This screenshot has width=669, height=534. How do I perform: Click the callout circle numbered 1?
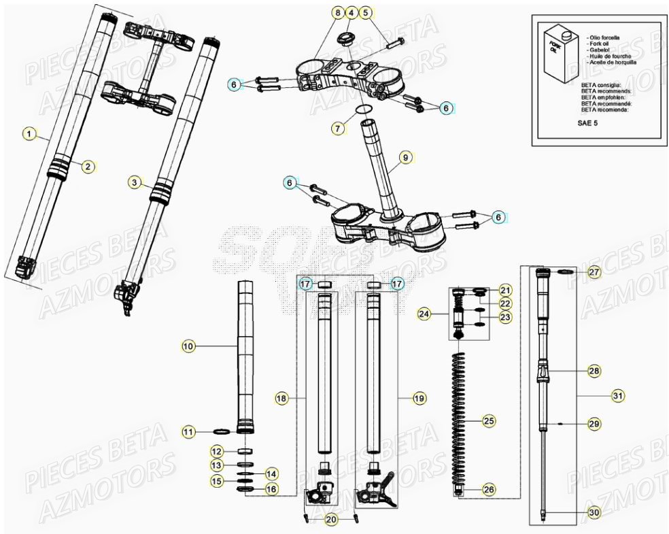tap(29, 134)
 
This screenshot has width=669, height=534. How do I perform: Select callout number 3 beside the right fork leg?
tap(135, 182)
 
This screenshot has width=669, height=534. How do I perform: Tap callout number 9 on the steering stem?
tap(405, 158)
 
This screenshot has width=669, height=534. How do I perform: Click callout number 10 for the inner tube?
tap(188, 346)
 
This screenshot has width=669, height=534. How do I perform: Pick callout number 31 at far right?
tap(617, 395)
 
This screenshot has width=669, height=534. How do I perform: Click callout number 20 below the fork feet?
tap(330, 520)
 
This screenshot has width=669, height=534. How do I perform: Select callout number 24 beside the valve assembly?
tap(426, 314)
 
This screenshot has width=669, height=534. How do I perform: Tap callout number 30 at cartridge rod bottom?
tap(594, 513)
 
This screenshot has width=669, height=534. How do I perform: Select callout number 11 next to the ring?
tap(188, 431)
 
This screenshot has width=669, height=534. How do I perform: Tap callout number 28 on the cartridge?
tap(594, 371)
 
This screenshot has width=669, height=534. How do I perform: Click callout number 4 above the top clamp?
tap(351, 13)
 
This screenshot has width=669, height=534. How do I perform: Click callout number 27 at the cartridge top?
tap(594, 272)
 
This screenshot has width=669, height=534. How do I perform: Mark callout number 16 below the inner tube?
tap(271, 488)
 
